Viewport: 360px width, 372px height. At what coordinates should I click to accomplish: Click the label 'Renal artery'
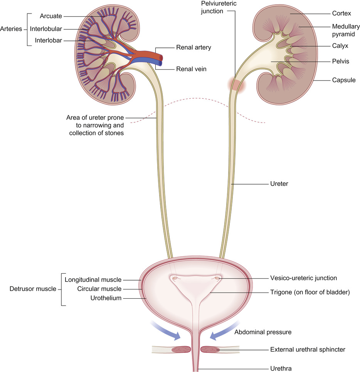(x=193, y=47)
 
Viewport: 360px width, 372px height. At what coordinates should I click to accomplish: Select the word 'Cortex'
(x=341, y=13)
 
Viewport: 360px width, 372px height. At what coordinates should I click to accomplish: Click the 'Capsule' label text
(x=343, y=80)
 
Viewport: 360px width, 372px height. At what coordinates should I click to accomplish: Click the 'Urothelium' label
(x=106, y=298)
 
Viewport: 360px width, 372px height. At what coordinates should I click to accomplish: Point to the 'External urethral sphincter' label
(x=308, y=350)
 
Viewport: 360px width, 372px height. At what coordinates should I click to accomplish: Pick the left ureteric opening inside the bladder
(x=175, y=278)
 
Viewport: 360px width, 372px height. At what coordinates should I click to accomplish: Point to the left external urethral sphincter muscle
(x=180, y=350)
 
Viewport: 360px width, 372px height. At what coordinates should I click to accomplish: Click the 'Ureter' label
(x=277, y=184)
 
